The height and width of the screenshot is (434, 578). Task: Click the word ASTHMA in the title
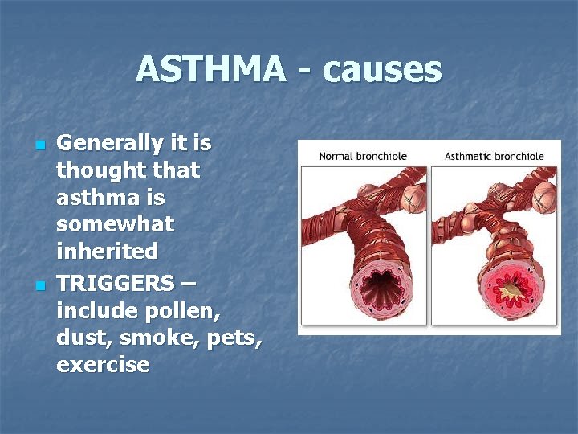point(210,69)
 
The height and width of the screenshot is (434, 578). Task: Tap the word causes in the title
point(383,69)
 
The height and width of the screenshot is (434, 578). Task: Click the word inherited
point(107,252)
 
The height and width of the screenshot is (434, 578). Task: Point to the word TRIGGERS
point(115,283)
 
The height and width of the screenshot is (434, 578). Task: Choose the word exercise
point(103,365)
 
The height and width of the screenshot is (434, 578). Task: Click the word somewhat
point(115,224)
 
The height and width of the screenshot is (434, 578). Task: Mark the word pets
point(234,338)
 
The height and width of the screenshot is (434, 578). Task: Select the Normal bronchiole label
point(363,156)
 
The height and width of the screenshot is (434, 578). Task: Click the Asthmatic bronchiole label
point(494,156)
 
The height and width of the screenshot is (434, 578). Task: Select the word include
point(92,310)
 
